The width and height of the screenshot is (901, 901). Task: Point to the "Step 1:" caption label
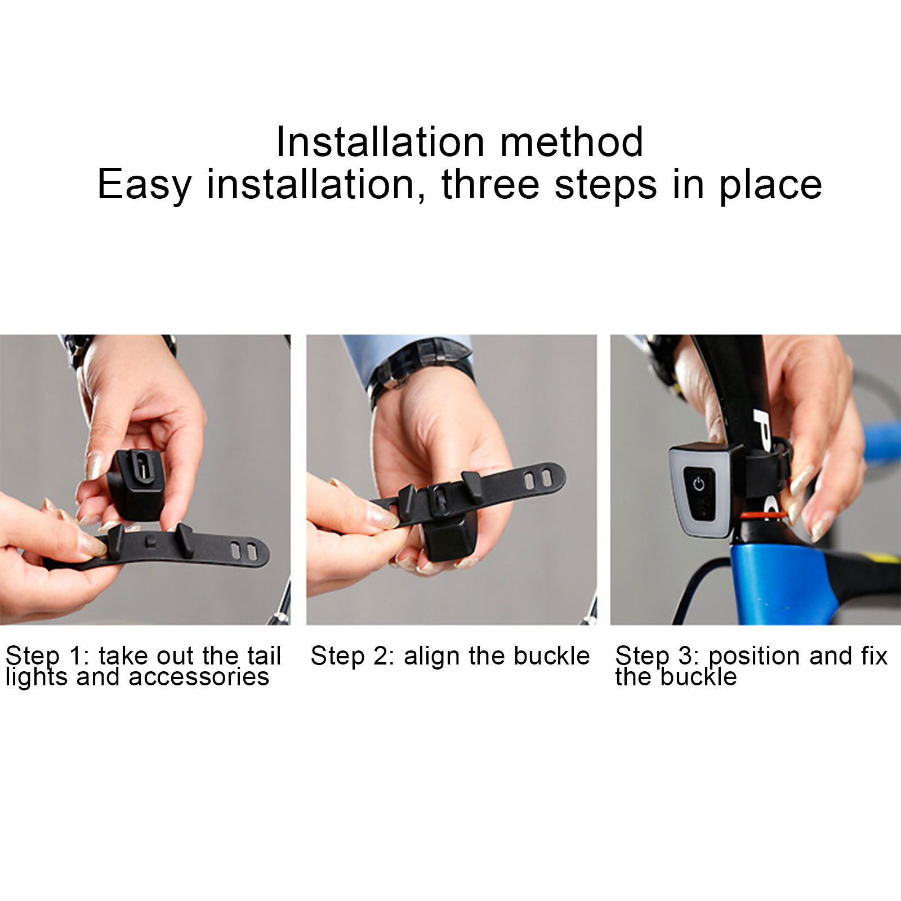pos(48,657)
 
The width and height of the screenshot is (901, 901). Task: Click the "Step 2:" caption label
pos(353,656)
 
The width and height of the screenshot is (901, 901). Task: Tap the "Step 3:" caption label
pos(658,657)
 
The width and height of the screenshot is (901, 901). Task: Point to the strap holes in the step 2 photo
pos(537,480)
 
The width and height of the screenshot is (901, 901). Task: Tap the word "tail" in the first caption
pos(264,656)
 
